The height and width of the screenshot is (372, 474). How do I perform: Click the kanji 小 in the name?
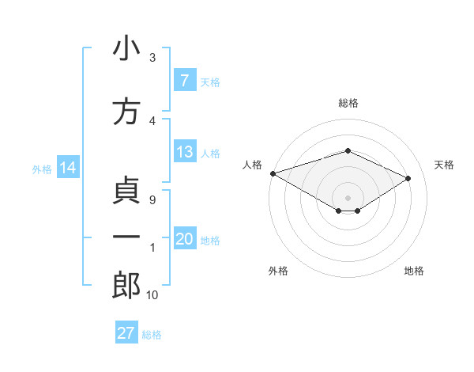tap(126, 49)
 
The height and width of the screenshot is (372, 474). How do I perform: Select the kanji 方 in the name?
tap(126, 112)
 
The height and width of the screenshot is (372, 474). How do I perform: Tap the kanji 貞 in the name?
tap(126, 191)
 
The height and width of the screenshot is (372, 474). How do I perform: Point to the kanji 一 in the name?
tap(126, 237)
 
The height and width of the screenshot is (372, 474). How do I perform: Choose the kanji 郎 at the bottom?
tap(126, 285)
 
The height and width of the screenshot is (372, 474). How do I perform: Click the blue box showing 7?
tap(184, 80)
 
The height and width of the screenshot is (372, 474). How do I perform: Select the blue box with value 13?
tap(184, 152)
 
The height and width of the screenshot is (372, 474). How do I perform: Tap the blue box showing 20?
tap(184, 239)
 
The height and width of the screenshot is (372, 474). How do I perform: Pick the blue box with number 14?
tap(67, 168)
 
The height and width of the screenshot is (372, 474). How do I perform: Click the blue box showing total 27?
tap(126, 333)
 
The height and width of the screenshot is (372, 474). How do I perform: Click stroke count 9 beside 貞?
tap(152, 200)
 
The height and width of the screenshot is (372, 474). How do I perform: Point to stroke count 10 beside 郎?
tap(152, 294)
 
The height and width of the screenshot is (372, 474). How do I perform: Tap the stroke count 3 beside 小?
tap(152, 58)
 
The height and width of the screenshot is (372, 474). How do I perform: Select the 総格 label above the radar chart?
tap(348, 103)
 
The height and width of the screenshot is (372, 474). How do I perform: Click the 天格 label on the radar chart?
tap(444, 165)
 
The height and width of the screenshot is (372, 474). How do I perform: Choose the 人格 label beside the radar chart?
tap(252, 165)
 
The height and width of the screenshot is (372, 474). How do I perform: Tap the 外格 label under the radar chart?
tap(277, 271)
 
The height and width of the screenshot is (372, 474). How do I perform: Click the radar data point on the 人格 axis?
tap(273, 173)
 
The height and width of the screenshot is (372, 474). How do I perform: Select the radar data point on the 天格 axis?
tap(408, 179)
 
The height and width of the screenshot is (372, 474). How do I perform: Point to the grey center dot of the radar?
tap(348, 196)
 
